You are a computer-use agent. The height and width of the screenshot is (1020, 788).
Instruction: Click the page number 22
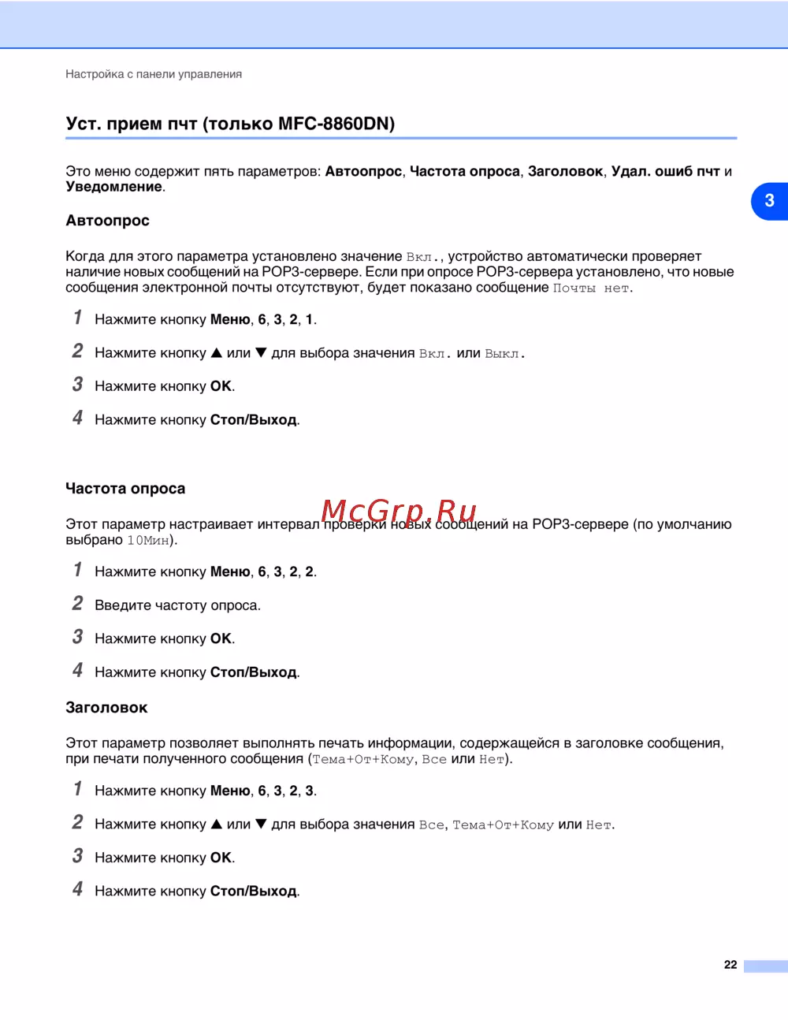(730, 964)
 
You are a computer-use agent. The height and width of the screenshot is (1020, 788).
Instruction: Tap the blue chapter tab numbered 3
(769, 201)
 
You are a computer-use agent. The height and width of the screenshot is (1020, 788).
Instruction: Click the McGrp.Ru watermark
(400, 512)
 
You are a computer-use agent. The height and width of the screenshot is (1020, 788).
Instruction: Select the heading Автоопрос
(107, 221)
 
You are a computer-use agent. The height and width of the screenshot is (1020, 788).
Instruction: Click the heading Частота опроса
(125, 489)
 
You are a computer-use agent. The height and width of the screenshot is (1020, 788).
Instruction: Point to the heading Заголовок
(106, 708)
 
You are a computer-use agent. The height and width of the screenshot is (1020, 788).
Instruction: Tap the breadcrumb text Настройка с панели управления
(154, 74)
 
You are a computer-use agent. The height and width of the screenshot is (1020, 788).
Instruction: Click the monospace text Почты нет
(591, 289)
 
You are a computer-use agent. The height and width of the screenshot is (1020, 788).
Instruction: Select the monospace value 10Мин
(149, 541)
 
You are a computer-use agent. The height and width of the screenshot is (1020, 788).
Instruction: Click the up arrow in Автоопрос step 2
(217, 353)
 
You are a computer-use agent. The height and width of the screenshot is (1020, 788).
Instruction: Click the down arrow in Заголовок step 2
(261, 825)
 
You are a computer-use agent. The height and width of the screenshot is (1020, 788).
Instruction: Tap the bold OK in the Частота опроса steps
(221, 638)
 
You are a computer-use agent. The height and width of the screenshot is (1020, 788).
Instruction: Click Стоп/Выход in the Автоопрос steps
(253, 420)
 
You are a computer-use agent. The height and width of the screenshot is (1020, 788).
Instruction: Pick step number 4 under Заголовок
(77, 889)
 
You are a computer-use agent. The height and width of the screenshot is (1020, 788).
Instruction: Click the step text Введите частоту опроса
(177, 605)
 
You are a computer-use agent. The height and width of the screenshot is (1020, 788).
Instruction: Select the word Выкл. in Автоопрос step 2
(504, 354)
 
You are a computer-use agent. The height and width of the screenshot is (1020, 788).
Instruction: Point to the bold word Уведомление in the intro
(114, 187)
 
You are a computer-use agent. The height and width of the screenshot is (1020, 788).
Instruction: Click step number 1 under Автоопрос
(77, 318)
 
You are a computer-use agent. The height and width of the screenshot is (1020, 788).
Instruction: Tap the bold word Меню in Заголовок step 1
(230, 791)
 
